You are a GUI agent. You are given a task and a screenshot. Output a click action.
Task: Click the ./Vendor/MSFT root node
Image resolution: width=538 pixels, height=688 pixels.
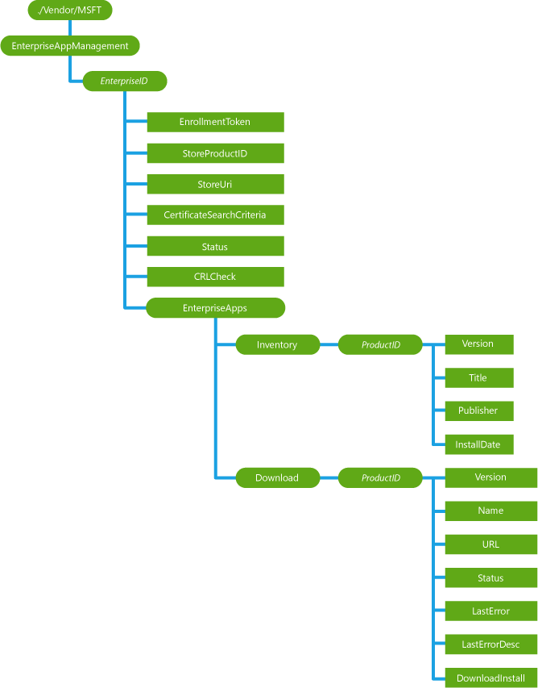coord(70,10)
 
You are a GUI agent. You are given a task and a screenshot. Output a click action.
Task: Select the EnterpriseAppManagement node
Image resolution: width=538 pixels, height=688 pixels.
coord(70,46)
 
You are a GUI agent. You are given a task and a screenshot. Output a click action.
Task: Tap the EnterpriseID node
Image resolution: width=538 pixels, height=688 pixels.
coord(123,81)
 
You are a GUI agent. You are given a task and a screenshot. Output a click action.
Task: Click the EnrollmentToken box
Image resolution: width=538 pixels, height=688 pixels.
coord(215,122)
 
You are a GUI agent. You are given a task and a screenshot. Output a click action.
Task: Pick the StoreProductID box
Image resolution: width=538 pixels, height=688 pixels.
coord(215,153)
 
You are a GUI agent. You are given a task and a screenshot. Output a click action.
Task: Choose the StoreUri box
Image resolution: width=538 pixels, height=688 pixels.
coord(215,185)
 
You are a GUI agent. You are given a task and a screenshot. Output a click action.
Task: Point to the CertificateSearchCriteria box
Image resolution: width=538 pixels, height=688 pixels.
coord(215,215)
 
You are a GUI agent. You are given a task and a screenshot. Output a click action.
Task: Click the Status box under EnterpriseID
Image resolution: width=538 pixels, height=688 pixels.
coord(215,246)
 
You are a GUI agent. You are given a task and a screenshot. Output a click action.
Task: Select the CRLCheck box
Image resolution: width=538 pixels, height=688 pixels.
coord(215,277)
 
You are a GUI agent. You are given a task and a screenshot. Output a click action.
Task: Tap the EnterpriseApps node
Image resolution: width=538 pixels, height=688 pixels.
coord(215,307)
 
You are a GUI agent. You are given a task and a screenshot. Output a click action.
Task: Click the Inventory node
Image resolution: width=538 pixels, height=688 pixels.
coord(277,345)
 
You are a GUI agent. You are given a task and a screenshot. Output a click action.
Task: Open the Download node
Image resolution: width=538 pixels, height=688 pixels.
coord(277,478)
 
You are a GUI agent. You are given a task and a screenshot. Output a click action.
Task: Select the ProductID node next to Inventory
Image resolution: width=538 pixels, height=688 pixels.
coord(380,345)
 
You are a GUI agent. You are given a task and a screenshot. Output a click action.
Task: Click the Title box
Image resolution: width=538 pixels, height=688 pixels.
coord(478,377)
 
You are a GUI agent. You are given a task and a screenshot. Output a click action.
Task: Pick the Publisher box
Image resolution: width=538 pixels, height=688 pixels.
coord(478,411)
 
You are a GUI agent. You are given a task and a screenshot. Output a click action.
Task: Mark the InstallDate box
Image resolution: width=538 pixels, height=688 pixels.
coord(478,444)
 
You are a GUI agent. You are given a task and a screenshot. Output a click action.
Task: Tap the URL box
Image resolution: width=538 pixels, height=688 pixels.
coord(490,544)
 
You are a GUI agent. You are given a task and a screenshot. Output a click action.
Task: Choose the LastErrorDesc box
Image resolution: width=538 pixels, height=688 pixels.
coord(490,644)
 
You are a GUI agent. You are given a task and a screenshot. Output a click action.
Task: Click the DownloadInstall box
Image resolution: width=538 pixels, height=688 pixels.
coord(490,678)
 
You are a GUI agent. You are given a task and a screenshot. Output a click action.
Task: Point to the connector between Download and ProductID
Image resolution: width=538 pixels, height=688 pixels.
coord(329,478)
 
